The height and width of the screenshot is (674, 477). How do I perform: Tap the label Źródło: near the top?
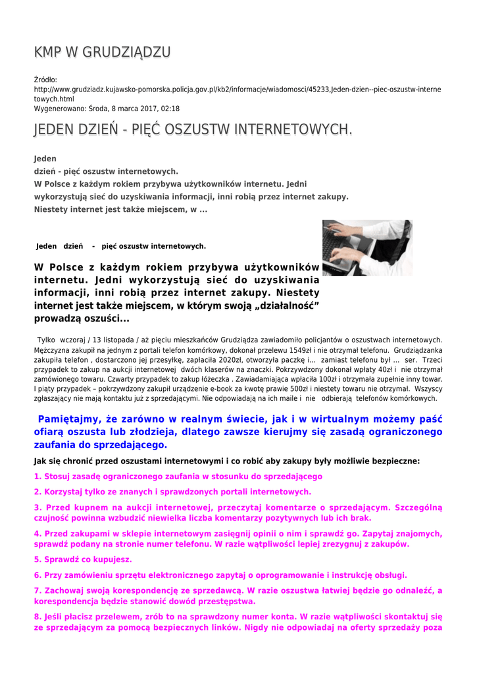tap(45, 80)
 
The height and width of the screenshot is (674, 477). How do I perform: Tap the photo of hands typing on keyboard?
tap(367, 247)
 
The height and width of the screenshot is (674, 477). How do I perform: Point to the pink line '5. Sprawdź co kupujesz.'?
tap(83, 559)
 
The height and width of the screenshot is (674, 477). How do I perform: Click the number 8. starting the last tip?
tap(38, 617)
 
